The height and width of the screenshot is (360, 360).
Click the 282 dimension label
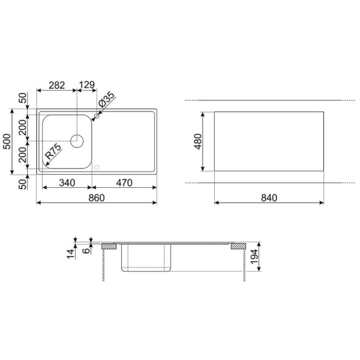tap(57, 85)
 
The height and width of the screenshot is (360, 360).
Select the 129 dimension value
tap(87, 85)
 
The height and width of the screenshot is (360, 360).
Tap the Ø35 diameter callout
tap(106, 100)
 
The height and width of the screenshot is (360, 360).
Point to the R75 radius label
tap(53, 152)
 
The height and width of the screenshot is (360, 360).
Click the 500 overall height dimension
tap(7, 142)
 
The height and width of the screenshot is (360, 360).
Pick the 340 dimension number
tap(67, 183)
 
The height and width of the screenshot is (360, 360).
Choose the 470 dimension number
tap(124, 183)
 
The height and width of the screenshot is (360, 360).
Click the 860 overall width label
tap(97, 197)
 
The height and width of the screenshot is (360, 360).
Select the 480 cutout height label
tap(197, 142)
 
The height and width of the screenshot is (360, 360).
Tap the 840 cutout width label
tap(269, 197)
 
